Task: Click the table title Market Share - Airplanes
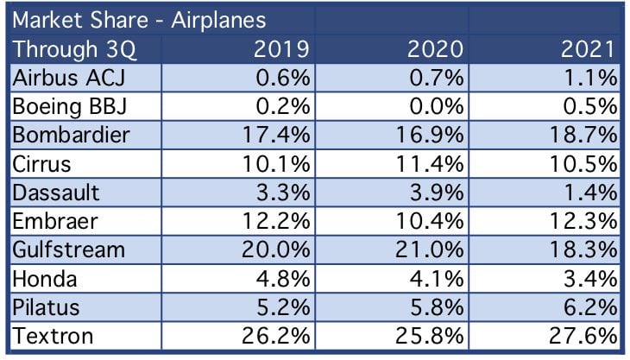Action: (140, 20)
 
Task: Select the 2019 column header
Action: (281, 49)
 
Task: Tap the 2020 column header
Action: (435, 49)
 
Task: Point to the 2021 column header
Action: (589, 49)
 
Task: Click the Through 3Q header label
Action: (75, 50)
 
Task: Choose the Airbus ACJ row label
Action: (69, 78)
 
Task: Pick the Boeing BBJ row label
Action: (70, 107)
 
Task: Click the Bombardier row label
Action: (71, 135)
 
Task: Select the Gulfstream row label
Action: (69, 249)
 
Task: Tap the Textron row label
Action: (53, 336)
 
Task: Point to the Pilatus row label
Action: (46, 307)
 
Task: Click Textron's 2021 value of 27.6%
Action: (583, 336)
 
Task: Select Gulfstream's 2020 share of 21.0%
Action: (430, 249)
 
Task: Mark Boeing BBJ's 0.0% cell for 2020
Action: (437, 107)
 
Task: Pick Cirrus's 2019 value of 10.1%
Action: (276, 164)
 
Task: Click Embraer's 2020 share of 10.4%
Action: (430, 221)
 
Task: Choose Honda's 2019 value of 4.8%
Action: (283, 279)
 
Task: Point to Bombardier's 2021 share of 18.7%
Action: (583, 135)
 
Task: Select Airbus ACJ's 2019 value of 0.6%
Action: (283, 78)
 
